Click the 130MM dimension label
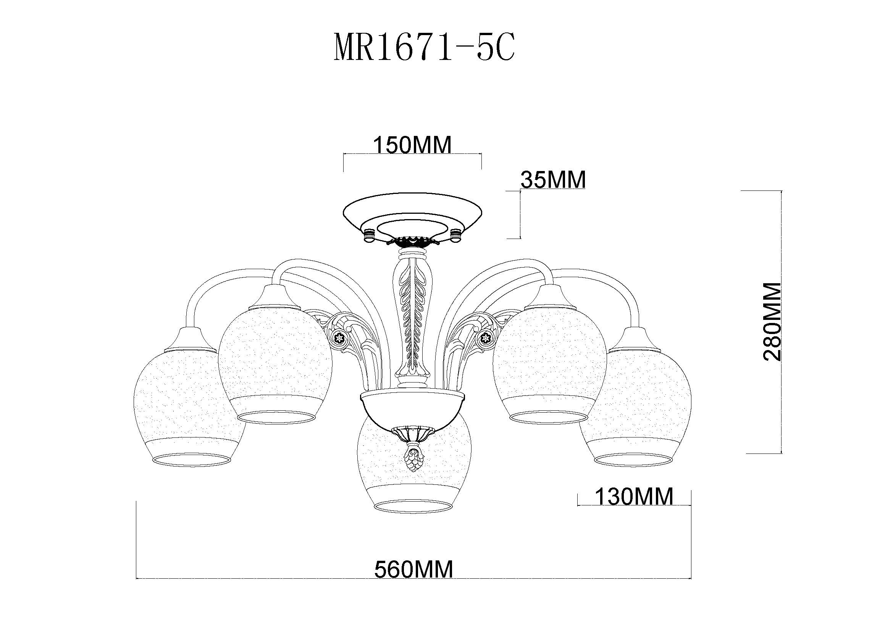(634, 497)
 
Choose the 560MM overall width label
(413, 570)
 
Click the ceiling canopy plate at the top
(413, 218)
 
